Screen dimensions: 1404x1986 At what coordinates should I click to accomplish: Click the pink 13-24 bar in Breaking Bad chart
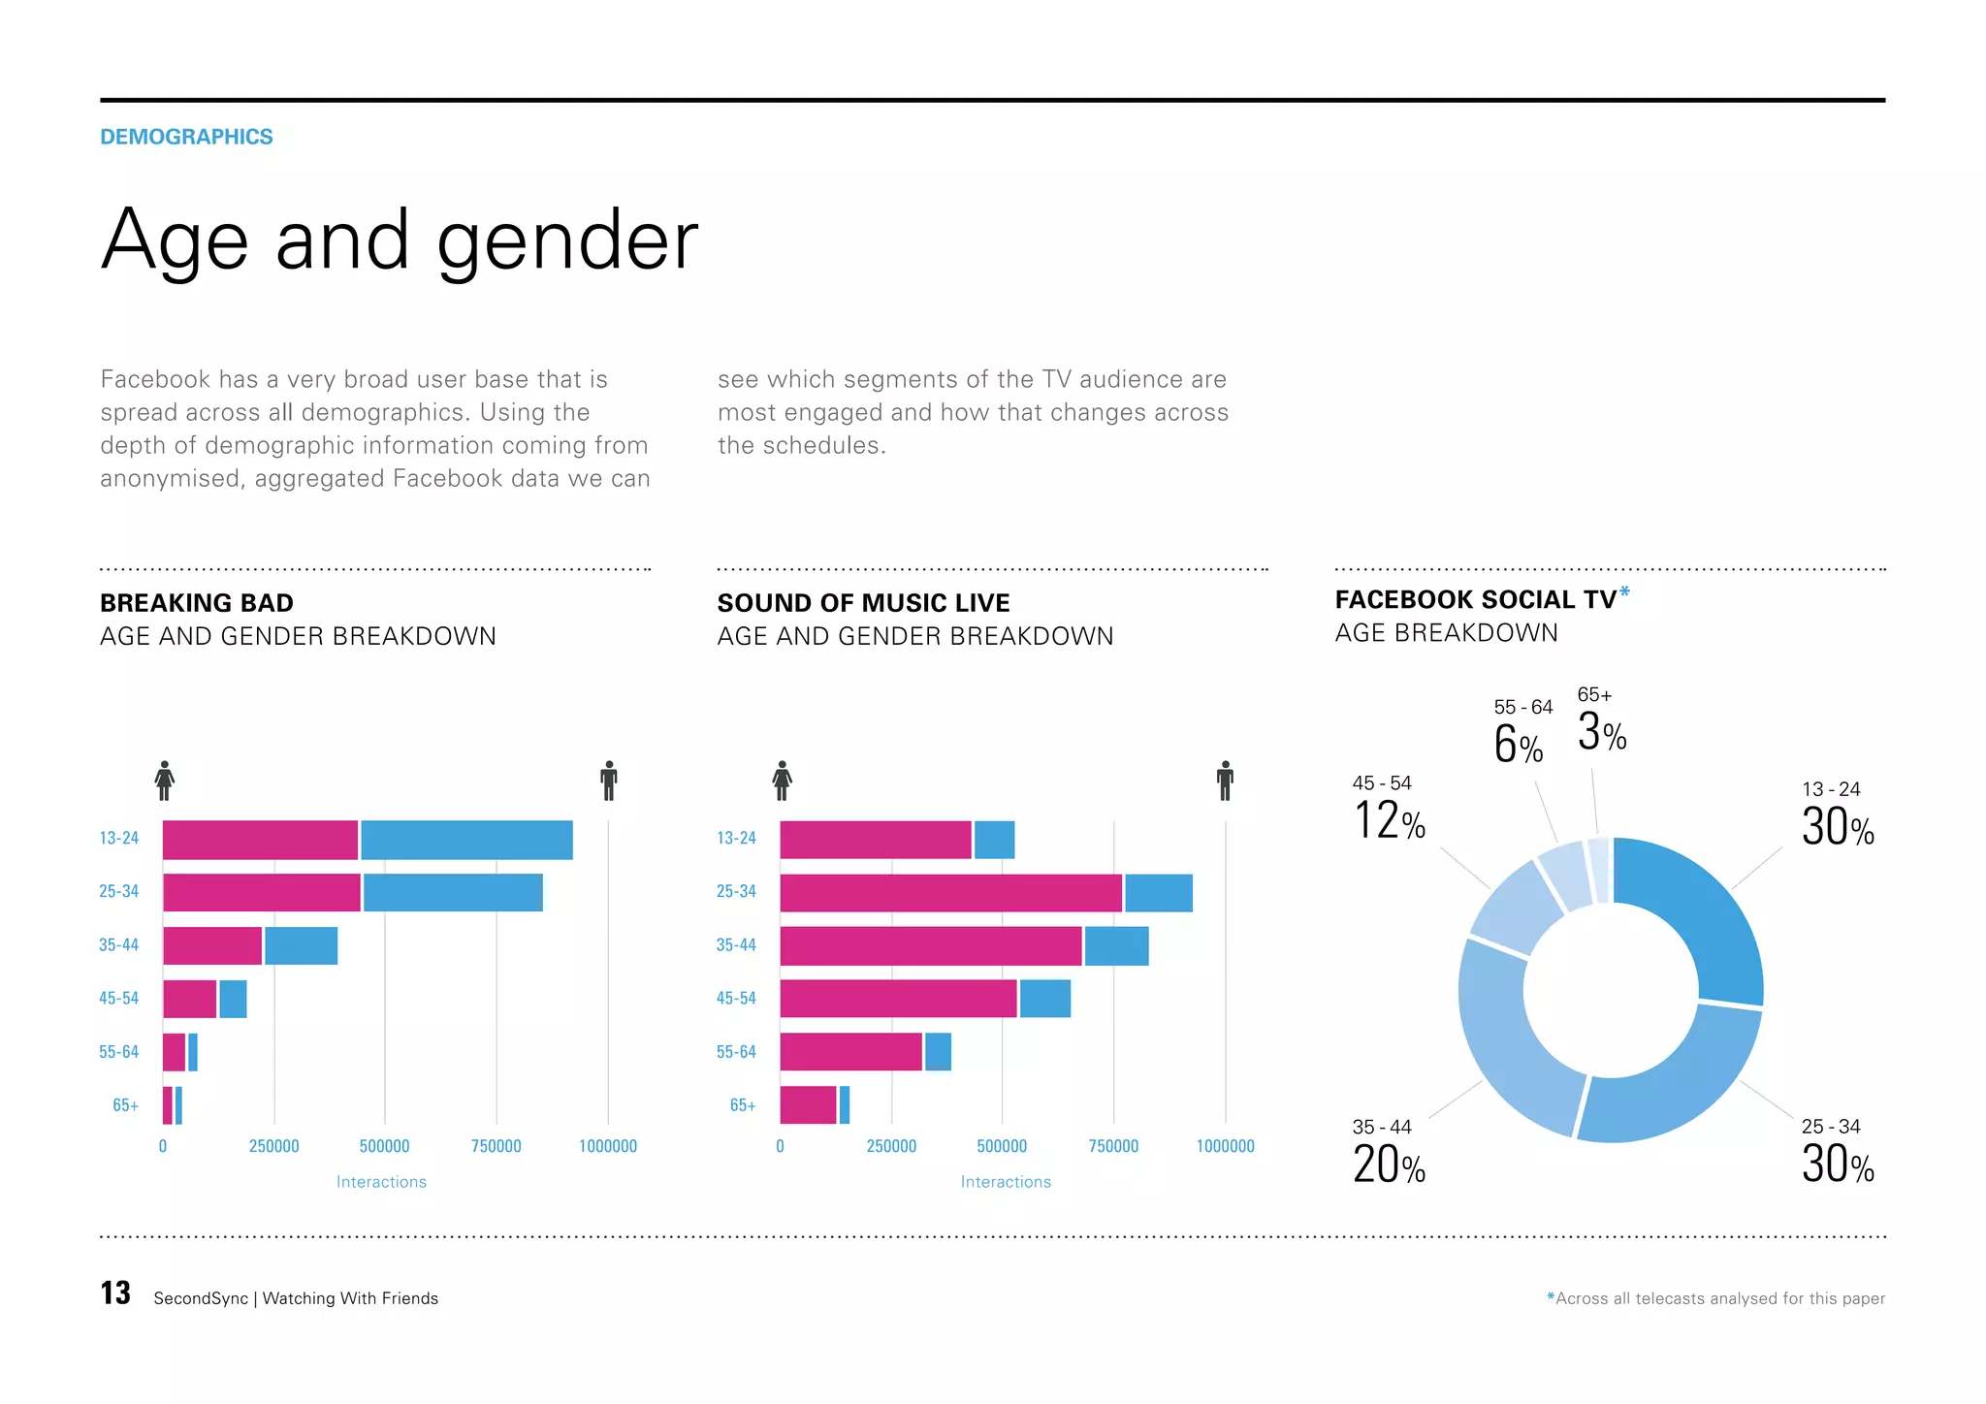[x=260, y=840]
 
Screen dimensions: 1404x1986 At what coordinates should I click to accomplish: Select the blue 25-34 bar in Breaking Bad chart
[x=452, y=892]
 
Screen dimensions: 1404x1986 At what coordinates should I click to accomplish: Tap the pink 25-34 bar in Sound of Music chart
[x=950, y=893]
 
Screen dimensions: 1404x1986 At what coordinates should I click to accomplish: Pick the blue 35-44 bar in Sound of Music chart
[x=1116, y=945]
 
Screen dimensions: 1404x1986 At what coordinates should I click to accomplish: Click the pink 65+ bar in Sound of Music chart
[x=808, y=1105]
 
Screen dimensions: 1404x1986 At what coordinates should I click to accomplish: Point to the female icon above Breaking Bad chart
[x=165, y=781]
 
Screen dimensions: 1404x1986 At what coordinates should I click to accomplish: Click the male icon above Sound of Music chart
[x=1225, y=781]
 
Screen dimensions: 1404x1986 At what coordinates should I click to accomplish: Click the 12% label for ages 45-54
[x=1389, y=821]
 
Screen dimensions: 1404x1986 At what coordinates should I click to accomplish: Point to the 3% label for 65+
[x=1601, y=732]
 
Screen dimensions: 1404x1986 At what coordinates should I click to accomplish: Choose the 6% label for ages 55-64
[x=1518, y=745]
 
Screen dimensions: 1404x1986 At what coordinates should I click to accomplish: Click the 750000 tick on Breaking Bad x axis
[x=496, y=1146]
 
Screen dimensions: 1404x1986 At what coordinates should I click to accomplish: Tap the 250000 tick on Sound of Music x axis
[x=891, y=1146]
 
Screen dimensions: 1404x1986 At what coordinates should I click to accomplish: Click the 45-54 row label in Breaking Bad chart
[x=118, y=999]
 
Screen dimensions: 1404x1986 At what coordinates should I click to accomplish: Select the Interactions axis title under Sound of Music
[x=1006, y=1182]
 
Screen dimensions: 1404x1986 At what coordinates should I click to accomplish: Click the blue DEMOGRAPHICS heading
[x=186, y=137]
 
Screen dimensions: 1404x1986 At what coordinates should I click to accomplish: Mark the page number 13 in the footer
[x=115, y=1293]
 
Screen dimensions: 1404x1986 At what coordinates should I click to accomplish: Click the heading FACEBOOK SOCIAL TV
[x=1475, y=600]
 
